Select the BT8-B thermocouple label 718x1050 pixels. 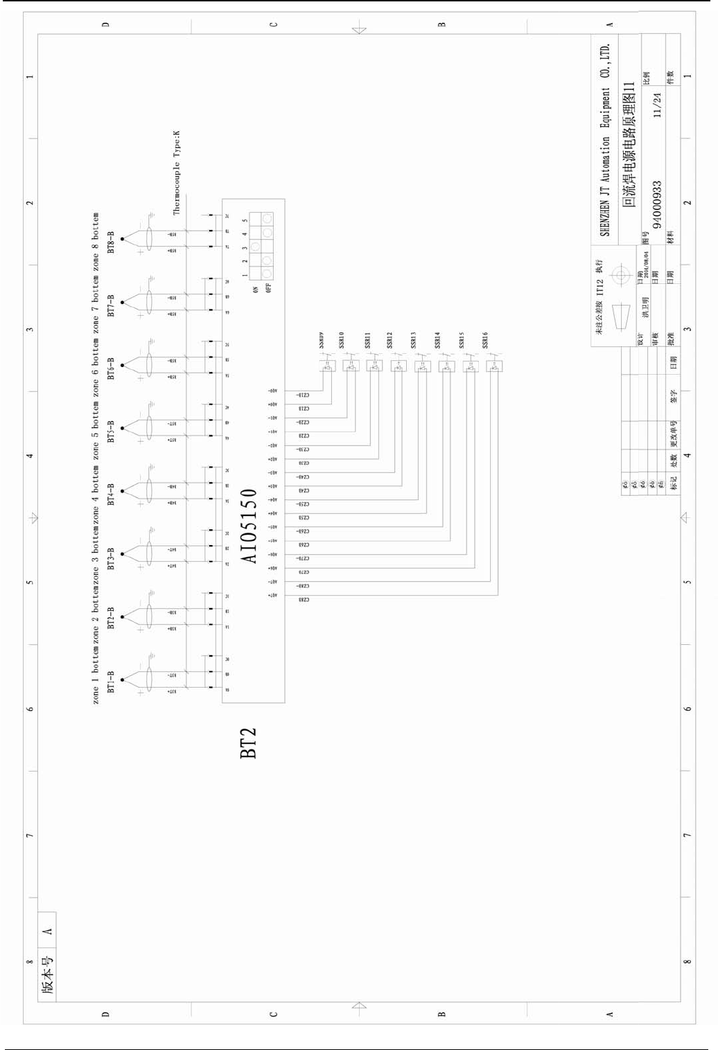click(x=111, y=242)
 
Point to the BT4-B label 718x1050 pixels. click(x=111, y=493)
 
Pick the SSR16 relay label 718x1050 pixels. click(x=485, y=339)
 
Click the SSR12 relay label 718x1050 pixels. click(x=389, y=339)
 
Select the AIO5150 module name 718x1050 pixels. click(x=249, y=526)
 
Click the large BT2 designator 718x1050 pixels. click(x=248, y=742)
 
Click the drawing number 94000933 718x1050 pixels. click(x=657, y=204)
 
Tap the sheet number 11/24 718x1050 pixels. click(x=657, y=105)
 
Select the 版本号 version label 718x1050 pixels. click(x=47, y=975)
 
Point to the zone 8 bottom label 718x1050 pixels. click(x=96, y=235)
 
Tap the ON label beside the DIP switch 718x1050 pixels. click(x=256, y=290)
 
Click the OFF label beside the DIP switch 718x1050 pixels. click(x=269, y=287)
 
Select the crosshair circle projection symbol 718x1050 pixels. click(x=620, y=273)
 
